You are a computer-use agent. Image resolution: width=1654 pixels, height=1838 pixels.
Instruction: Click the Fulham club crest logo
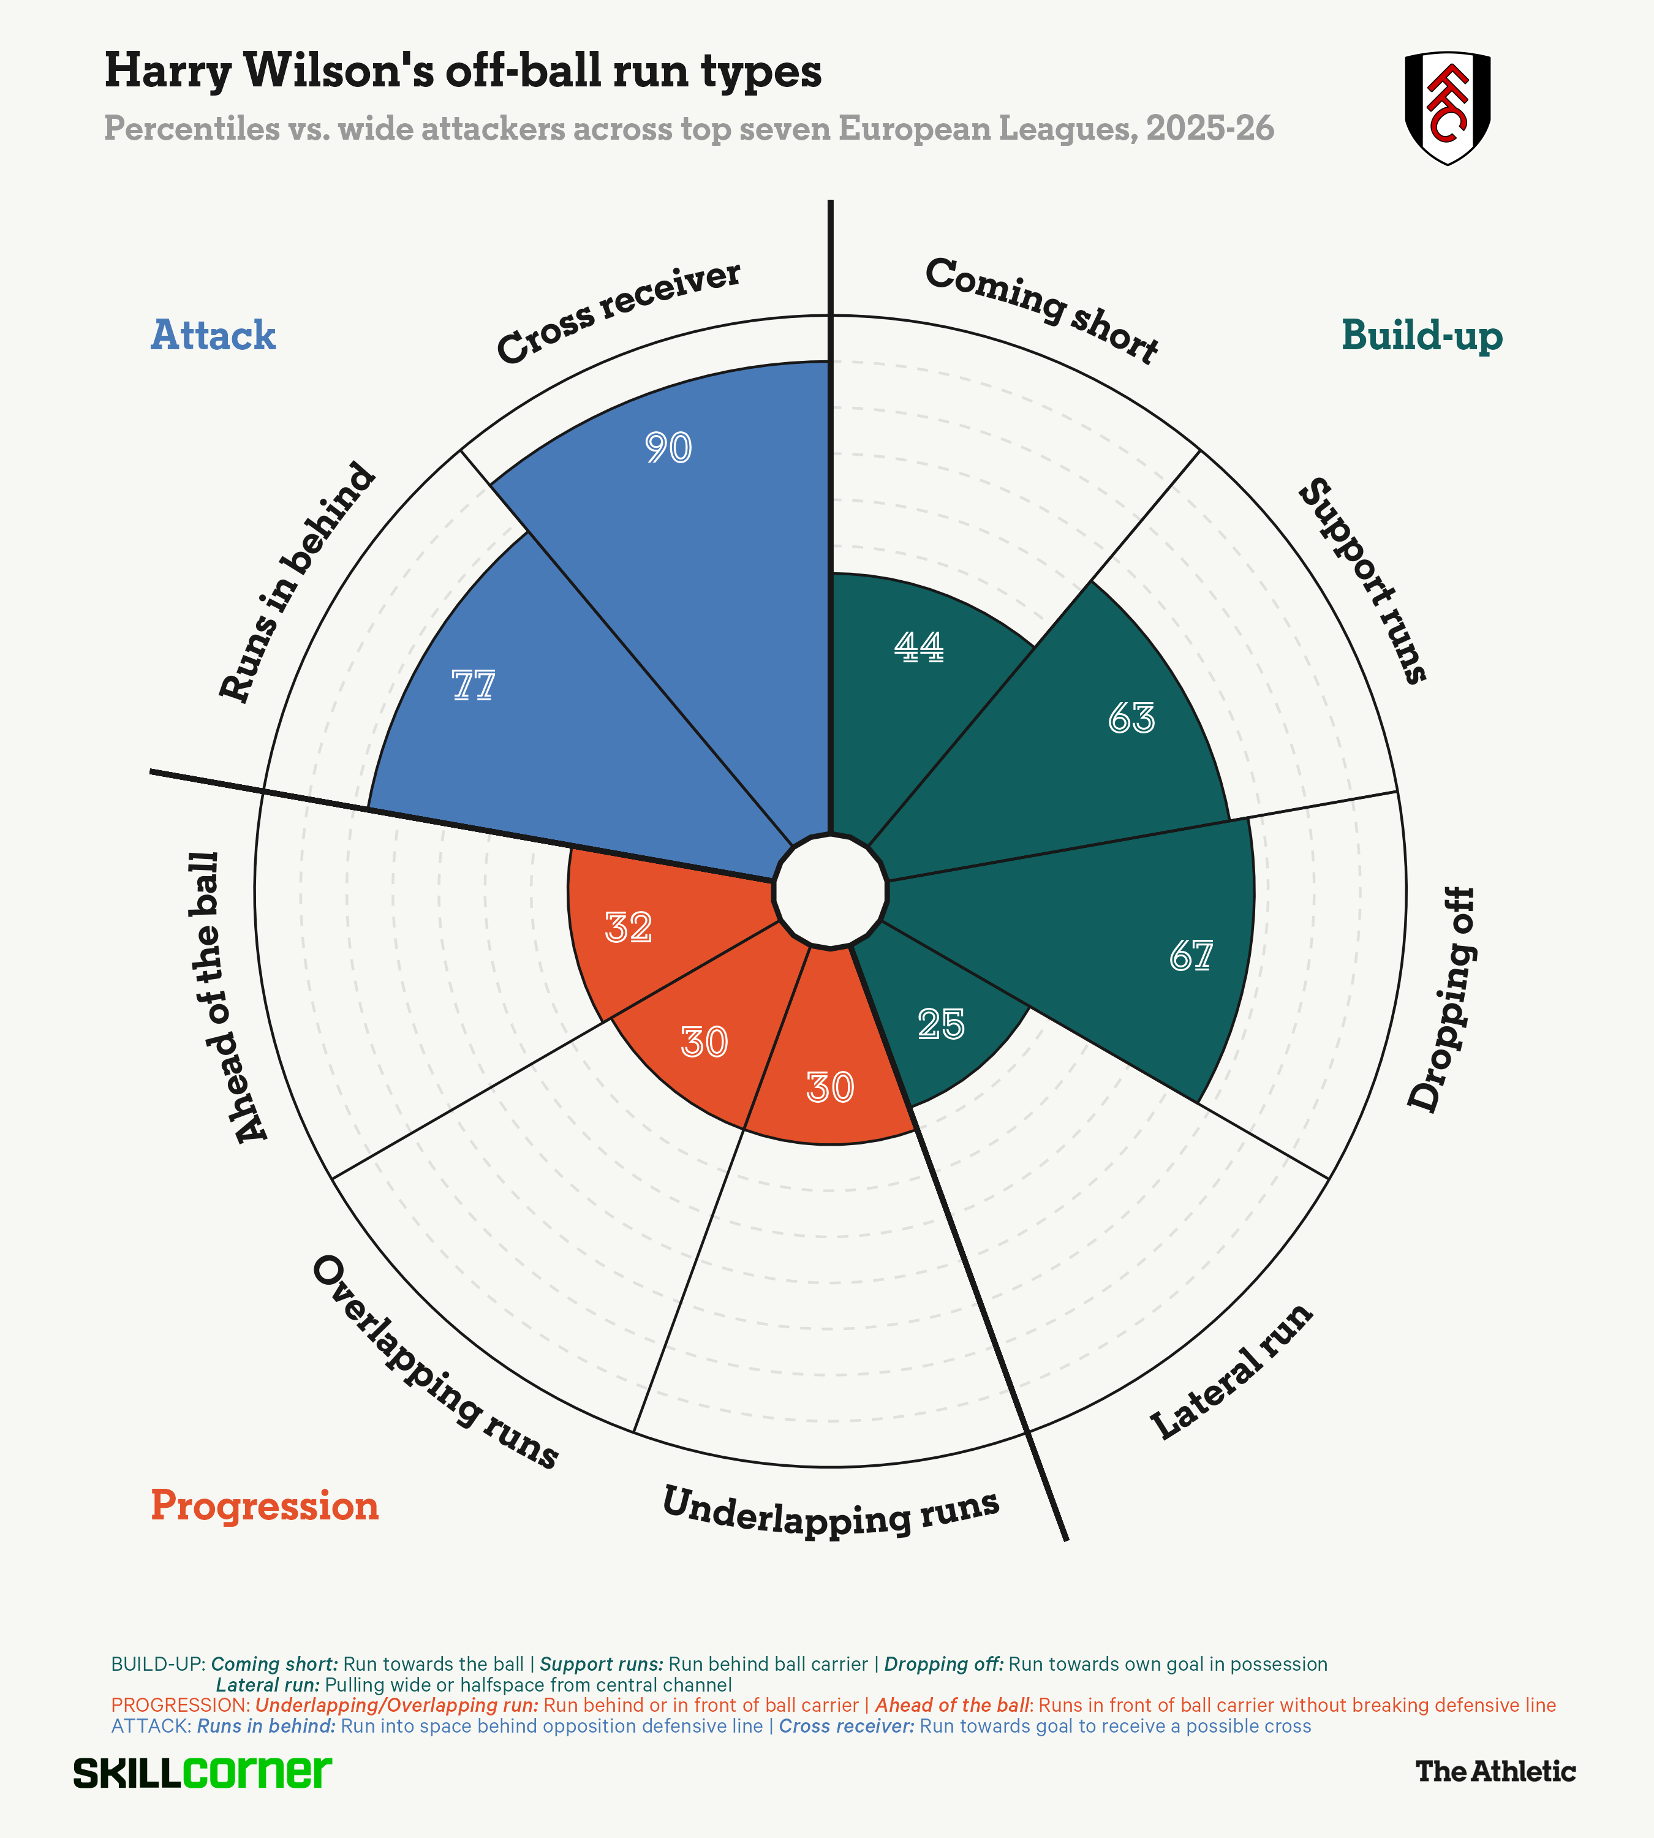[1447, 107]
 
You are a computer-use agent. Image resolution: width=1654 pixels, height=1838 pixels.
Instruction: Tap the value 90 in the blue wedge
[669, 448]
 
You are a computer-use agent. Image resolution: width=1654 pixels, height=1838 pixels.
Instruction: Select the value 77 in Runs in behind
[474, 686]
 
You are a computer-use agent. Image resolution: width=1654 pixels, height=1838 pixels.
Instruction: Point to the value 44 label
[919, 646]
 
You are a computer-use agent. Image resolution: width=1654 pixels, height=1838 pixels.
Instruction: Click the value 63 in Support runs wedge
[1131, 719]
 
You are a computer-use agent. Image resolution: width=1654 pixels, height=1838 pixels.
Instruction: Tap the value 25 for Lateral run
[940, 1024]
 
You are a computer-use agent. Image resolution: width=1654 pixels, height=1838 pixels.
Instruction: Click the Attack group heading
[213, 335]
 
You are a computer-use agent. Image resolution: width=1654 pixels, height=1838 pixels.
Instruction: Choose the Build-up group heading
[1421, 335]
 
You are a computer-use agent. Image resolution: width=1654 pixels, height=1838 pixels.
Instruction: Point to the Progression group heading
[265, 1505]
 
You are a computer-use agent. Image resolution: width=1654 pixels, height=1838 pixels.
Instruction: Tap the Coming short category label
[1041, 309]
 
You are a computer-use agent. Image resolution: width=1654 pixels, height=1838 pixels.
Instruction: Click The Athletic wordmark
[1495, 1771]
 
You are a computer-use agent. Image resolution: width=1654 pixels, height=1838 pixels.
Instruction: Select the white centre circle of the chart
[829, 891]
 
